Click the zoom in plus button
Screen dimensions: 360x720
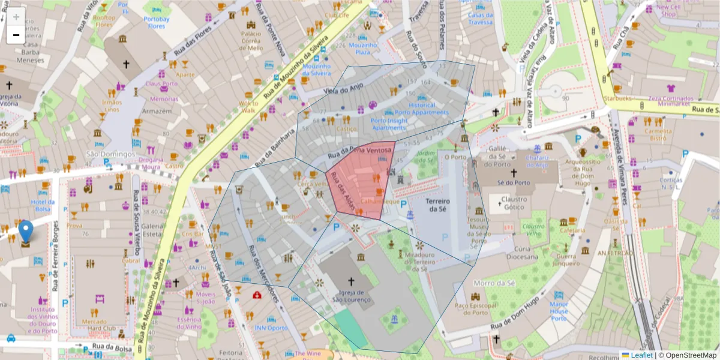[16, 17]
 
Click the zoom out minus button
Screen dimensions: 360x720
[16, 35]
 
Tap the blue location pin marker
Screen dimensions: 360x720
[26, 231]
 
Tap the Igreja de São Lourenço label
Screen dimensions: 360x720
[352, 299]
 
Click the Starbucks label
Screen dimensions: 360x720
[618, 98]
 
